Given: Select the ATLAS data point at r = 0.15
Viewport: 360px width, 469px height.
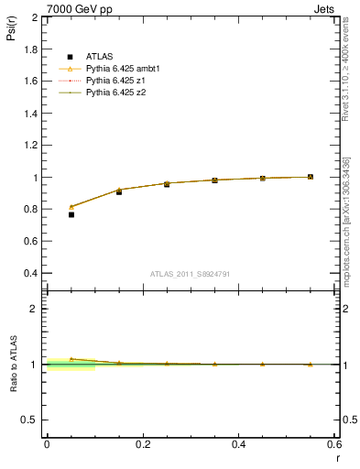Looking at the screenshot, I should [119, 191].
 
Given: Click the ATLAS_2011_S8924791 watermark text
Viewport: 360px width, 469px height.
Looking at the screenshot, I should [191, 274].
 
